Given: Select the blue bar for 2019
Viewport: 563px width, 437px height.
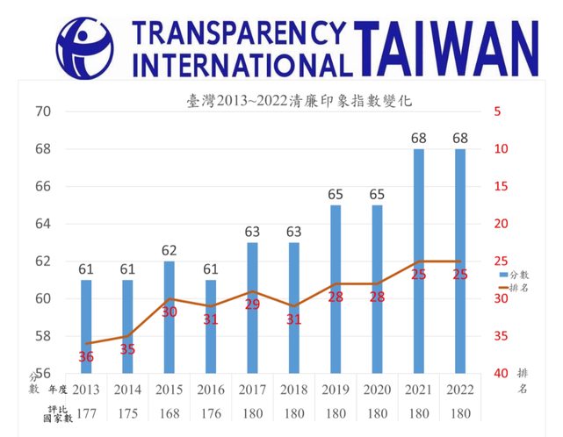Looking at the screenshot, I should [x=336, y=289].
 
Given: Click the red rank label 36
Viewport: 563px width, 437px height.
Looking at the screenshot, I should [x=86, y=356].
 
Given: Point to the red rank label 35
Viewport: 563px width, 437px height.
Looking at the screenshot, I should [x=128, y=348].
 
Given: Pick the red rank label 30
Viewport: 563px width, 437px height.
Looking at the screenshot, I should [x=170, y=312].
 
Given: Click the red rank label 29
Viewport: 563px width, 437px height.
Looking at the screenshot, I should [x=253, y=304].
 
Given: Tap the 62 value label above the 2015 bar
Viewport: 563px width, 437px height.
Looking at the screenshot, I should [x=170, y=250].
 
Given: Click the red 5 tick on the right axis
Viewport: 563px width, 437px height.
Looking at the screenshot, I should [x=497, y=111].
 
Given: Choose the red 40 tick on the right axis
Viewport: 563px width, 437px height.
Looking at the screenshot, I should [x=497, y=374].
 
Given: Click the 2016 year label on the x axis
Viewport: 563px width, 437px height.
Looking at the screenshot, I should [x=211, y=389].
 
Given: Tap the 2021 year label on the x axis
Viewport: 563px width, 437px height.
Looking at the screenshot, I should [x=419, y=389].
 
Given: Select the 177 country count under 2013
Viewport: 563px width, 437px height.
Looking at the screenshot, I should [x=86, y=413].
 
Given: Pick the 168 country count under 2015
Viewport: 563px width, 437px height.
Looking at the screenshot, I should [x=170, y=413].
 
